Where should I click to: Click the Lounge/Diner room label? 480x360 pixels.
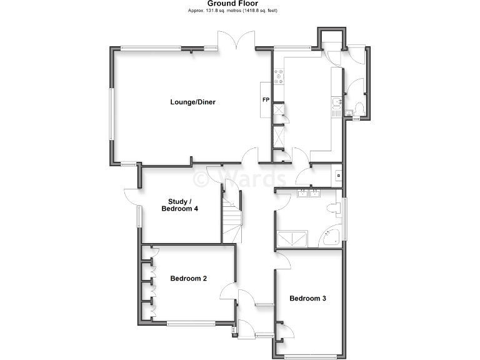[x=192, y=102]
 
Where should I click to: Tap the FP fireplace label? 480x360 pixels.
[x=265, y=100]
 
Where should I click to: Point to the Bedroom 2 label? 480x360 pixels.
[x=188, y=279]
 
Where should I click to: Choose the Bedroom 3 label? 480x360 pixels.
[x=307, y=299]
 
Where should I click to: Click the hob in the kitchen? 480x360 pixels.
[x=278, y=77]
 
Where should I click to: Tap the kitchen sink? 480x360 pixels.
[x=336, y=104]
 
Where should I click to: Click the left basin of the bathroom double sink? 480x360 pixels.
[x=303, y=193]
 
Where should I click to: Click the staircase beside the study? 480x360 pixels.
[x=232, y=219]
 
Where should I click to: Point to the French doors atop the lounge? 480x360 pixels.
[x=236, y=41]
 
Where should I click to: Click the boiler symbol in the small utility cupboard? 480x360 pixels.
[x=338, y=175]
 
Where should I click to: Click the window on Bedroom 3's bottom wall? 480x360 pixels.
[x=310, y=357]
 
